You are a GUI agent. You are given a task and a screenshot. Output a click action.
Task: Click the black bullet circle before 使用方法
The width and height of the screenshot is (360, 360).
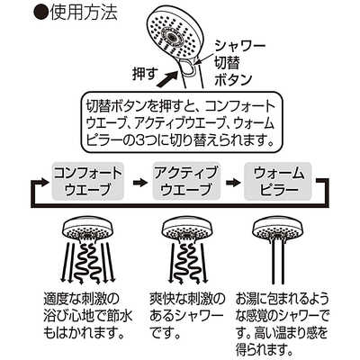coord(40,13)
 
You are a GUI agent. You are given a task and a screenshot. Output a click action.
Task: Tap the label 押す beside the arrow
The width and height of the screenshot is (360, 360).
coord(144,73)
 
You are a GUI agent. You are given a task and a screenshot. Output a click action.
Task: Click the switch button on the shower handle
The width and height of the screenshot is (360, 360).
coord(188,66)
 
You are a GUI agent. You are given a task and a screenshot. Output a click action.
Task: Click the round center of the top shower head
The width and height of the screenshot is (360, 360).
coord(172,35)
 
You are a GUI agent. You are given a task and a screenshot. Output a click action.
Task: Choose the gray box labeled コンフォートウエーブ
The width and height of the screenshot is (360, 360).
coord(88,182)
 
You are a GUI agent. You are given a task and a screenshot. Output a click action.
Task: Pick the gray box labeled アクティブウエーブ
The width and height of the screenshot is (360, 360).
coord(186,182)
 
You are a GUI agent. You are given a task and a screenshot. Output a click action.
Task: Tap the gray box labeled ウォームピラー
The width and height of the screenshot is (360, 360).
coord(278,182)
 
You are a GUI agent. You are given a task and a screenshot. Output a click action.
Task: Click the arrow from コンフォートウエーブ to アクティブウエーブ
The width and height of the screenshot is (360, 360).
coord(139,182)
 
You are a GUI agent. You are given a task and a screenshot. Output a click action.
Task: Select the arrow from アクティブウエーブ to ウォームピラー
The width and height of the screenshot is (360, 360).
coord(232,182)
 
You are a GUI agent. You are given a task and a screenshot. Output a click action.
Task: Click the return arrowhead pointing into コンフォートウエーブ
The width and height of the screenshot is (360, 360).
coord(43,182)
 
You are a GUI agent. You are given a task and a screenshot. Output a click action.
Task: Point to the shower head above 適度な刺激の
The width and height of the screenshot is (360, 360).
coord(88,230)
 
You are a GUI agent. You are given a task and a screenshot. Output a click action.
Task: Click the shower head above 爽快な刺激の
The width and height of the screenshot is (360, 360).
coord(187,230)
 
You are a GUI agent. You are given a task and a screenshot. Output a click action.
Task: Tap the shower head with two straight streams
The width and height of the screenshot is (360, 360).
coord(278,230)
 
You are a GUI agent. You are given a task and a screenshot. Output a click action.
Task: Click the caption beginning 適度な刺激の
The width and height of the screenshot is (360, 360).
coord(87,315)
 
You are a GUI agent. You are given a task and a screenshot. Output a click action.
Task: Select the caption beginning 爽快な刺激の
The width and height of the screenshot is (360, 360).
coord(187,315)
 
